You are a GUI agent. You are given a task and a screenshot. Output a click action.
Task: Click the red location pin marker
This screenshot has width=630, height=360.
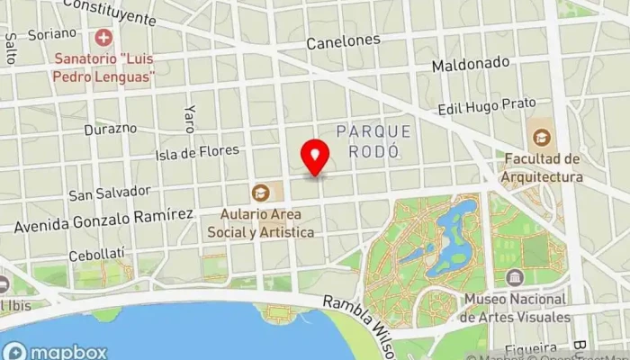click(x=315, y=157)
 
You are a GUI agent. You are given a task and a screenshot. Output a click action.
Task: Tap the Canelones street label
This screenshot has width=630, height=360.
click(x=343, y=41)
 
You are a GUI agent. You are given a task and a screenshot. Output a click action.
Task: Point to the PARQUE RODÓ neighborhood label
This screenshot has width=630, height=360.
click(x=373, y=140)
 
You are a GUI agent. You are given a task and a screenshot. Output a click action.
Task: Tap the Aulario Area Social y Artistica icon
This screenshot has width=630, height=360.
click(x=260, y=192)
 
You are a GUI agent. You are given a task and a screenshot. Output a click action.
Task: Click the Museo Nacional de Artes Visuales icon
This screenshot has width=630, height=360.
click(x=515, y=276)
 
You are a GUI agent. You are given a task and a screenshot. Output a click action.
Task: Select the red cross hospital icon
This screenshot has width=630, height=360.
click(x=103, y=38)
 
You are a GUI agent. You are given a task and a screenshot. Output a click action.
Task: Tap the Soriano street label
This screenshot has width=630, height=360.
click(x=52, y=33)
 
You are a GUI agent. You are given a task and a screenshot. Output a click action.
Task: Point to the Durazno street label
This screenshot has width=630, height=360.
click(x=111, y=128)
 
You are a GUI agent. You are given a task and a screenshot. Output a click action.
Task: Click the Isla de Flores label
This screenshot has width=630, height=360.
click(x=197, y=152)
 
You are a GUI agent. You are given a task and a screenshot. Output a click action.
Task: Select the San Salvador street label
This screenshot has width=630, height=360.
click(x=109, y=193)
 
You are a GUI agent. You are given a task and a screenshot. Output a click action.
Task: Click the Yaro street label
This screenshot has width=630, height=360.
click(x=189, y=117)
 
